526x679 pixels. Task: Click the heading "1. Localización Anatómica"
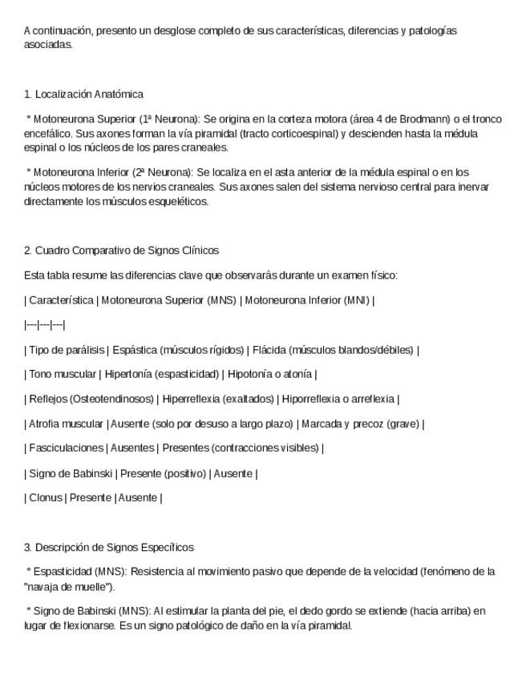[83, 94]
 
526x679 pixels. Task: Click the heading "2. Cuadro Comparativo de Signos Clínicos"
[121, 251]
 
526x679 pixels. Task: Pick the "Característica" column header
[60, 301]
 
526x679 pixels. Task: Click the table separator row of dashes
[45, 325]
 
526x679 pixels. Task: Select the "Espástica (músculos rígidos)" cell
[178, 350]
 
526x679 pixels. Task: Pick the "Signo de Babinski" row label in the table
[70, 473]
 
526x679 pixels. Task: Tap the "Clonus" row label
[45, 497]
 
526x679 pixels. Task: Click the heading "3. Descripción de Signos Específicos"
[109, 548]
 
